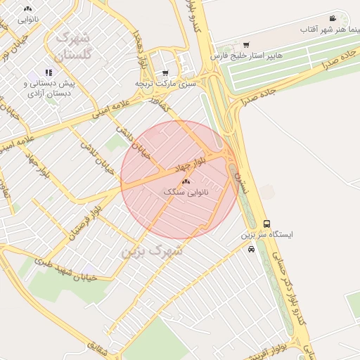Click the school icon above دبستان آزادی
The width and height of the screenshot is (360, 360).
click(x=49, y=72)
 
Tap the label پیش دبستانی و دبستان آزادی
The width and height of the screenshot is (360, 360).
click(x=49, y=88)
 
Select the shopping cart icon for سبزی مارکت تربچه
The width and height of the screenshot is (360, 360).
click(x=165, y=72)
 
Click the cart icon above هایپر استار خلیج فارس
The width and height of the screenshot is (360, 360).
click(x=245, y=45)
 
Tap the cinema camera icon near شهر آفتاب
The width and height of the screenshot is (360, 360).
click(x=332, y=18)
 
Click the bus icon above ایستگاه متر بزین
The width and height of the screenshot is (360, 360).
click(x=266, y=224)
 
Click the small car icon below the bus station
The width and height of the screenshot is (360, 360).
click(x=252, y=249)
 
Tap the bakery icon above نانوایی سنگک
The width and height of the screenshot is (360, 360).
click(x=186, y=181)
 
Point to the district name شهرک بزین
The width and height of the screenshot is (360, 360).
click(x=152, y=250)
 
